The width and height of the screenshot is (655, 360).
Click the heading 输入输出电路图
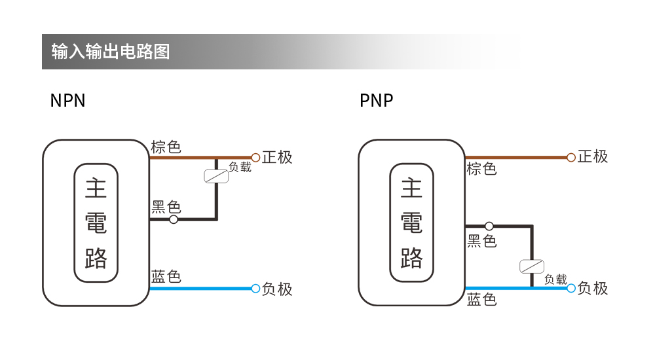coord(111,52)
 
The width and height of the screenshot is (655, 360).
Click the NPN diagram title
coord(67,101)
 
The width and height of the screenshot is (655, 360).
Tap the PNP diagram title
coord(376,101)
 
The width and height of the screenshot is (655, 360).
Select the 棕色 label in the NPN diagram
coord(166,147)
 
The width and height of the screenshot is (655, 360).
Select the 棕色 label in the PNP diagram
coord(481,169)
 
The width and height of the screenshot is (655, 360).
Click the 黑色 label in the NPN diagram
coord(166,207)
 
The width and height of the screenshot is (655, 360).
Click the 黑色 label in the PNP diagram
coord(481,241)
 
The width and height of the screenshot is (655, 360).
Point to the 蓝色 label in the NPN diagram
coord(166,276)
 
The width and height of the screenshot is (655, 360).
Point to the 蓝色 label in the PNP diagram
coord(481,300)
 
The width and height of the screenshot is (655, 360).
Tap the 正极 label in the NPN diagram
coord(277,157)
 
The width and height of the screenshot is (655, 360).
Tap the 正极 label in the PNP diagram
coord(593,156)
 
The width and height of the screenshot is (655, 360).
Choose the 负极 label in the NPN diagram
coord(277,289)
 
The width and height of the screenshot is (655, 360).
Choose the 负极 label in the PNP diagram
coord(593,288)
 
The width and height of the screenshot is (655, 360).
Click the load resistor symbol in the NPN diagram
coord(216,176)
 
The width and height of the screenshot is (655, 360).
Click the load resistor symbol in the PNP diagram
coord(532,266)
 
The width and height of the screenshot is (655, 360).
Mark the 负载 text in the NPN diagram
coord(240,167)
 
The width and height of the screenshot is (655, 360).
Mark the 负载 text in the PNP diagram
coord(555,279)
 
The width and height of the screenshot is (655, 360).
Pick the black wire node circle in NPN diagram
coord(174,220)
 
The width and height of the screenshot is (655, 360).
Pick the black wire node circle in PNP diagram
coord(489,226)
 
